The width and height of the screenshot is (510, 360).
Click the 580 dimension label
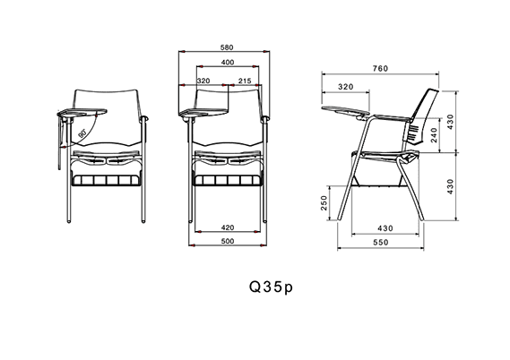point(227,47)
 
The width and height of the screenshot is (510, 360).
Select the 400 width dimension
point(228,63)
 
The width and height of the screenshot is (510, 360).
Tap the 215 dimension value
point(245,81)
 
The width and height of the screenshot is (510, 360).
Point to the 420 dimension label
point(228,227)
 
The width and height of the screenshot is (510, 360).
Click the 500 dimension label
point(228,242)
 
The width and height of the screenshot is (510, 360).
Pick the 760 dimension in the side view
point(380,69)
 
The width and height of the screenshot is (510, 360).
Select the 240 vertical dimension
point(434,135)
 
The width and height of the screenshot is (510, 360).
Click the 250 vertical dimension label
point(324,202)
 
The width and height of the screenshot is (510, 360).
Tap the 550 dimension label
point(381,243)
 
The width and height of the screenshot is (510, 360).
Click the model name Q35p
point(271,287)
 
